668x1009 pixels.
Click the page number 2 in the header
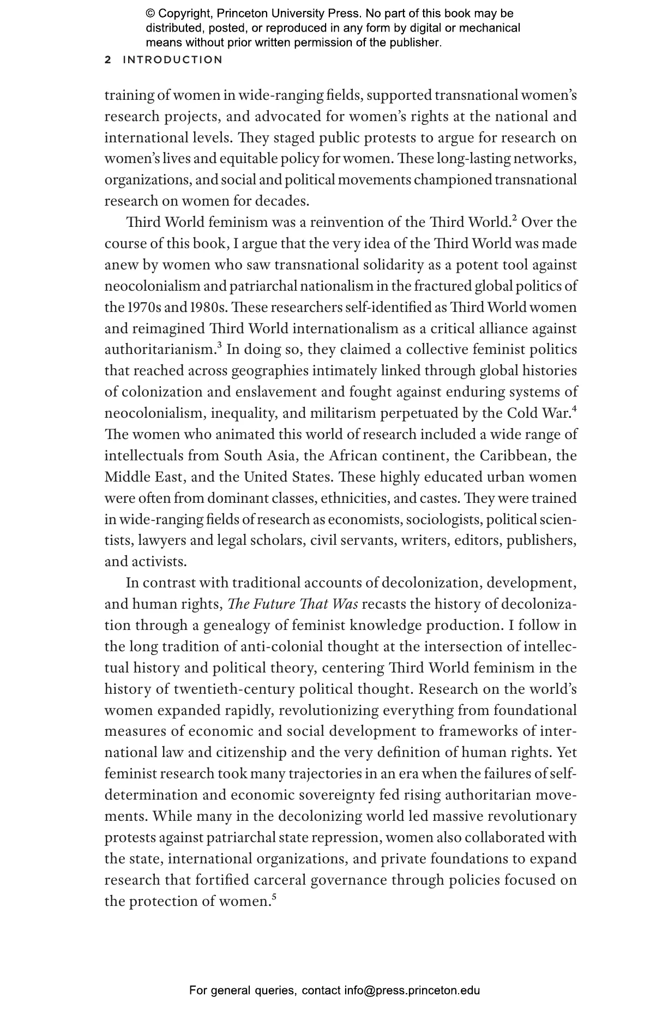108,60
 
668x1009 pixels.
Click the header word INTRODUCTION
173,60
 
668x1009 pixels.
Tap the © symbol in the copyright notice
151,14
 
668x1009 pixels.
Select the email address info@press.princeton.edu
412,990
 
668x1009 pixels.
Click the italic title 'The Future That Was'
293,604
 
